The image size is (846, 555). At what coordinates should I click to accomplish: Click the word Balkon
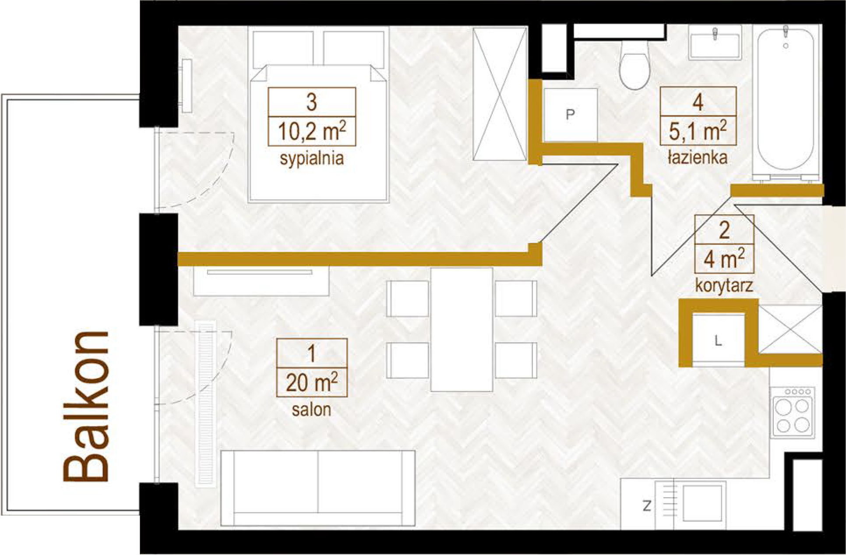coord(86,406)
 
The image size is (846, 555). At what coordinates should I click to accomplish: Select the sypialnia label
coord(312,158)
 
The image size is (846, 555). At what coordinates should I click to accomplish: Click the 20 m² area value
coord(312,382)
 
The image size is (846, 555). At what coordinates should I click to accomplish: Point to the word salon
coord(311,410)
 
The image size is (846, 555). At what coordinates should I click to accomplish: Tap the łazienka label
coord(698,157)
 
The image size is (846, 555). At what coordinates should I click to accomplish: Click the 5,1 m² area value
coord(698,131)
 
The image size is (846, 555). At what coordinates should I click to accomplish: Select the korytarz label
coord(724,286)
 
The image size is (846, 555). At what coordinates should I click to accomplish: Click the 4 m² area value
coord(724,259)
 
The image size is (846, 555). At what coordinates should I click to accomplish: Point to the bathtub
coord(786,103)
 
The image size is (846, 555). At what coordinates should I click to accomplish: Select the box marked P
coord(570,115)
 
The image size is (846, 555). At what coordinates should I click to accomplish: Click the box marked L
coord(718,340)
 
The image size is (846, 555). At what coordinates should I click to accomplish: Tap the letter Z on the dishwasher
coord(647,506)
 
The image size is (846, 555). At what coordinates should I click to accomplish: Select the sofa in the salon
coord(318,488)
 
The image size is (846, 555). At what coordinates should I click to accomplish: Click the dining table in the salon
coord(462,329)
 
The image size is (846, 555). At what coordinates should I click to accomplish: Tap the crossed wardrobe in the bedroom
coord(500,94)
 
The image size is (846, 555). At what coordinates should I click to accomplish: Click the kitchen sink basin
coord(702,503)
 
